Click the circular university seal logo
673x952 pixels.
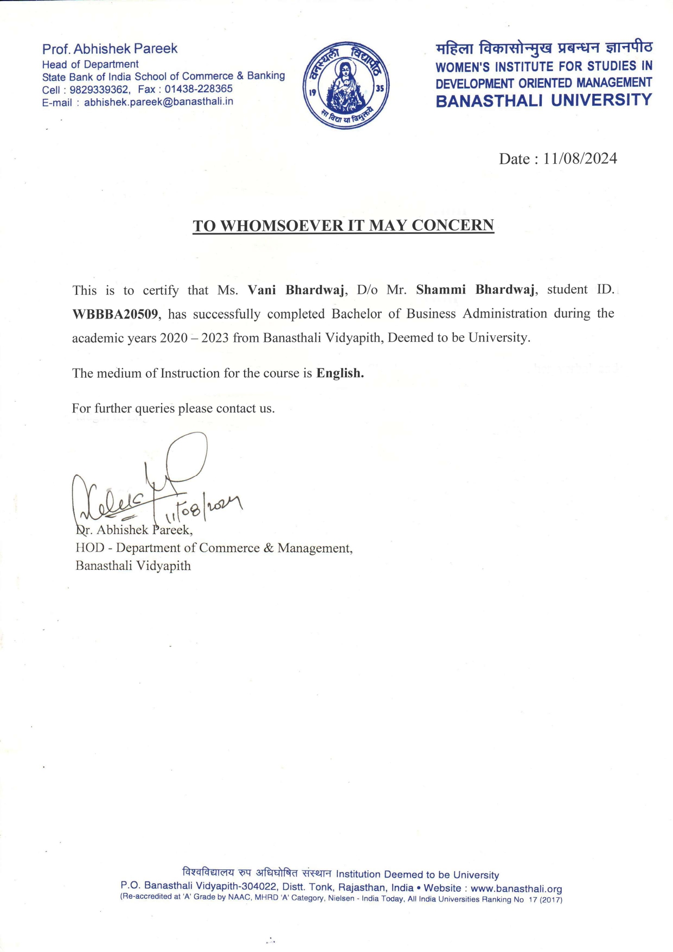[346, 86]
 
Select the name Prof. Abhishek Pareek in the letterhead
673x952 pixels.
[110, 49]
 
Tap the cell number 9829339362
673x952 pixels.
[99, 90]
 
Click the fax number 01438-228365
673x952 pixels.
[198, 88]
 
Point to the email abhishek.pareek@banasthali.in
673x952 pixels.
[158, 101]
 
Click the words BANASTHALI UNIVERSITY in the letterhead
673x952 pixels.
[543, 100]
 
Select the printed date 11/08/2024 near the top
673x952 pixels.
[580, 158]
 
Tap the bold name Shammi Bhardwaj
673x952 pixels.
[476, 289]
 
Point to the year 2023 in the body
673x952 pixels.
[215, 338]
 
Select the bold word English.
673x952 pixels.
[340, 373]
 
